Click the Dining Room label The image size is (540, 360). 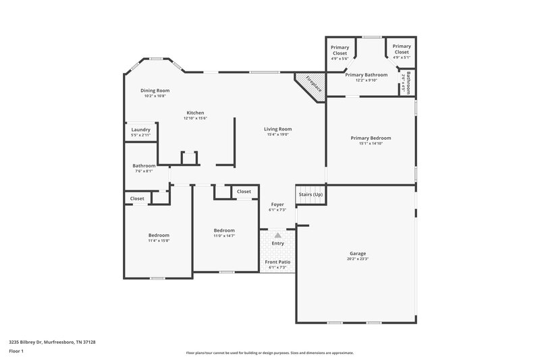tap(155, 91)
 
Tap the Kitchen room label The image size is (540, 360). tap(195, 113)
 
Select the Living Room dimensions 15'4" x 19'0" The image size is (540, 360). tap(277, 134)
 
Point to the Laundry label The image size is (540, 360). tap(140, 130)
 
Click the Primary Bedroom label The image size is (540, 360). tap(371, 138)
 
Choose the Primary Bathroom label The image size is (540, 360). tap(366, 74)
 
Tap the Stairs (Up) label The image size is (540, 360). tap(310, 195)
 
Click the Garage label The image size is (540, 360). tap(358, 253)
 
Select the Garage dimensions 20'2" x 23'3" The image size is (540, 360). tap(358, 259)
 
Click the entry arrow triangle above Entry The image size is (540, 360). tap(277, 235)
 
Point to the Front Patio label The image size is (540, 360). tap(277, 261)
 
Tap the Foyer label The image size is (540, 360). tap(277, 204)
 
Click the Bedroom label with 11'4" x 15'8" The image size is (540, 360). tap(159, 235)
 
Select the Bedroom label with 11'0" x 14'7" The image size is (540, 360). tap(224, 230)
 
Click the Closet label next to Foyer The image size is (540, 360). tap(244, 192)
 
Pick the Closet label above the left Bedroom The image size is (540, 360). tap(137, 199)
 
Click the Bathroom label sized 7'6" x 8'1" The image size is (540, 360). tap(144, 165)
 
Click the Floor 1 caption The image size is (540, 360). tap(17, 352)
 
